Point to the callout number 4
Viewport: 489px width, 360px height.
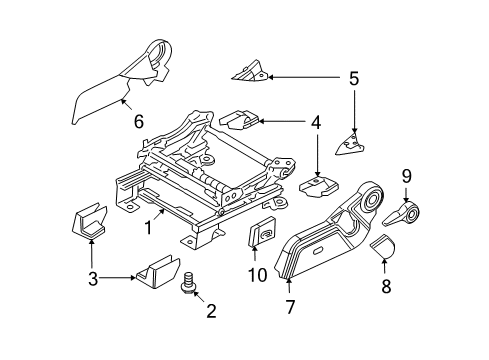tap(315, 124)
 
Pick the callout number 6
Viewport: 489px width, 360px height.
tap(139, 122)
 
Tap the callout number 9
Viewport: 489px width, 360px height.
tap(407, 176)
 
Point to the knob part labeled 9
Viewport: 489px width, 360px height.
tap(409, 213)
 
